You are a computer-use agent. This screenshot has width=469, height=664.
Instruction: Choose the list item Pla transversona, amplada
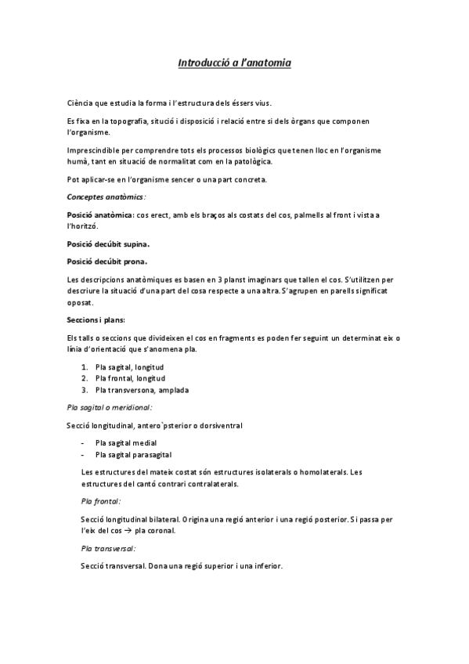click(x=142, y=389)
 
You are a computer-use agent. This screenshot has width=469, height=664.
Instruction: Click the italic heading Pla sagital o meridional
click(x=110, y=407)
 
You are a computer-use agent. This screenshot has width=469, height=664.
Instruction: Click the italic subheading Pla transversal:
click(x=108, y=548)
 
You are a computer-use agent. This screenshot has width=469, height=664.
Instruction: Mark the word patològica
click(x=251, y=162)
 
